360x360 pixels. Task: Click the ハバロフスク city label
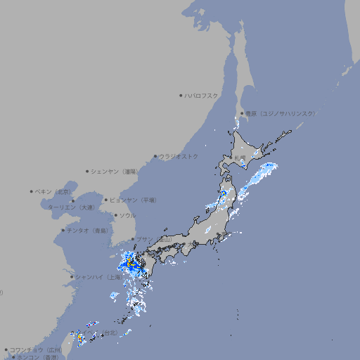pos(202,95)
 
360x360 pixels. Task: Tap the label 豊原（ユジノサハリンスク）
pos(280,113)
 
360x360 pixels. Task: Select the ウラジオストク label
pos(179,156)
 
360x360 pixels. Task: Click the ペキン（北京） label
pos(53,191)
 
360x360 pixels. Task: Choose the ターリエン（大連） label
pos(70,207)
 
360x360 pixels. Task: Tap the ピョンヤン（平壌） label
pos(133,200)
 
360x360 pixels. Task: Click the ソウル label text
pos(127,215)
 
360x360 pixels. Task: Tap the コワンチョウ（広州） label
pos(36,349)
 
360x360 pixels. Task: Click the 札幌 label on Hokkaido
pos(240,157)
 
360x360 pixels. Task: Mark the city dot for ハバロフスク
pos(181,95)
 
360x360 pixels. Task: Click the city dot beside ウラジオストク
pos(155,156)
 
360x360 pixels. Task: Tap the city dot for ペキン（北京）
pos(31,191)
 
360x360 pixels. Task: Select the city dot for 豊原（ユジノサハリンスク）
pos(242,113)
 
